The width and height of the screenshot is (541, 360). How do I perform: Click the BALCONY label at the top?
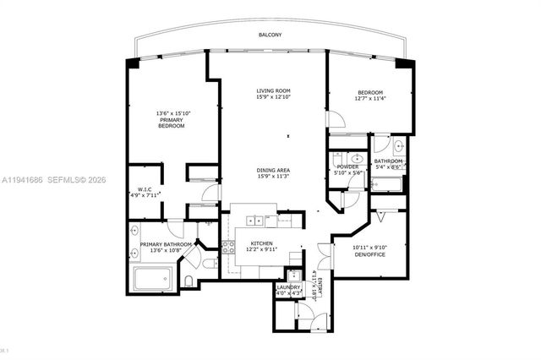click(x=270, y=35)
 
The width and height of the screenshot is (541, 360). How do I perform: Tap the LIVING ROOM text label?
click(x=274, y=91)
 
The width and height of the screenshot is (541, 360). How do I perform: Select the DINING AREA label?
click(x=274, y=170)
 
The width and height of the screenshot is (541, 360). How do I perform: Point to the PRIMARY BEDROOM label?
click(x=171, y=125)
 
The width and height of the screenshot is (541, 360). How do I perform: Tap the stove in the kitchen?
click(x=227, y=248)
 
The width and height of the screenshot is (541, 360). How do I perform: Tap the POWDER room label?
click(x=348, y=166)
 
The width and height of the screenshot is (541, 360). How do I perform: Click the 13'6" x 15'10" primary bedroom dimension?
click(x=172, y=113)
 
